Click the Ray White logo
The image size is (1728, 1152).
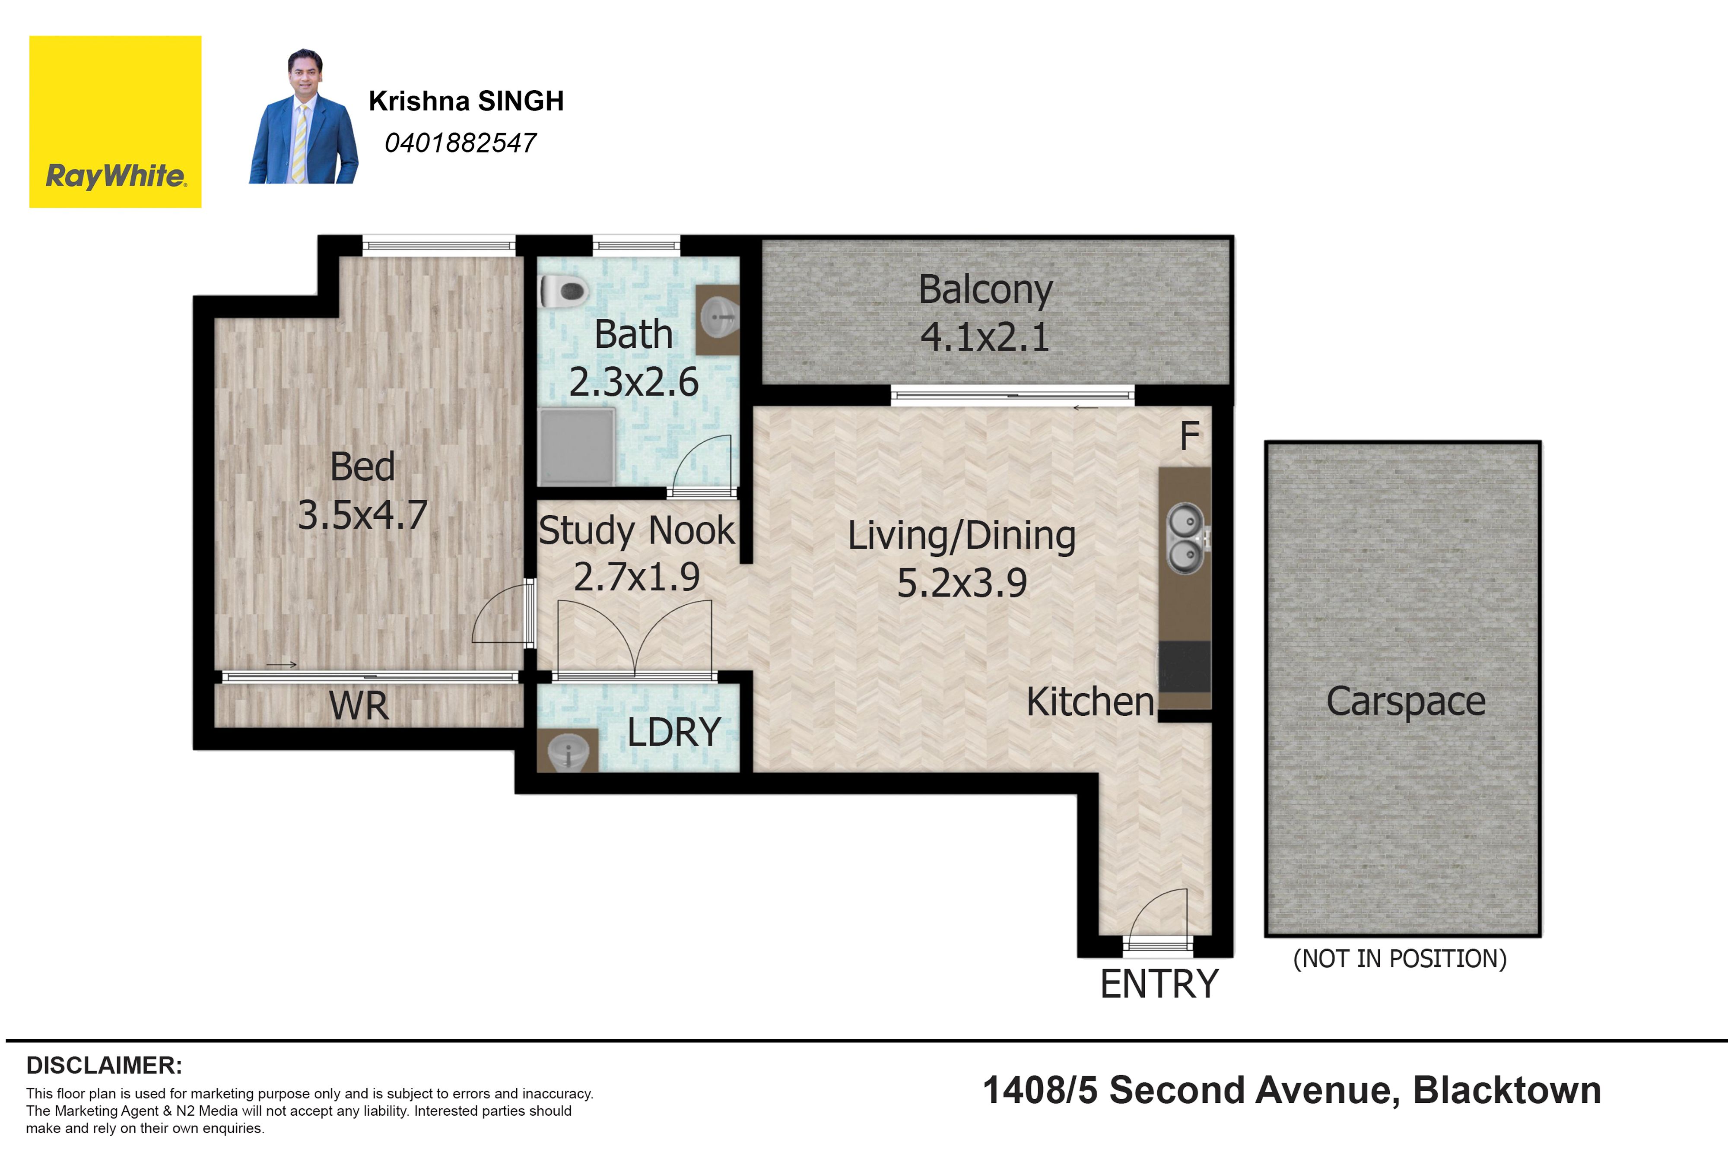(115, 122)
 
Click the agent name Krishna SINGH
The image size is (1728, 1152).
(466, 101)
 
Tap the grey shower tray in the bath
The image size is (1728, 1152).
(577, 446)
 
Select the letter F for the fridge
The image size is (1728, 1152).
(1189, 436)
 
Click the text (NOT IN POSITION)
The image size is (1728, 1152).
(1400, 959)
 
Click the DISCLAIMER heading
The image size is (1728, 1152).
(104, 1065)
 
